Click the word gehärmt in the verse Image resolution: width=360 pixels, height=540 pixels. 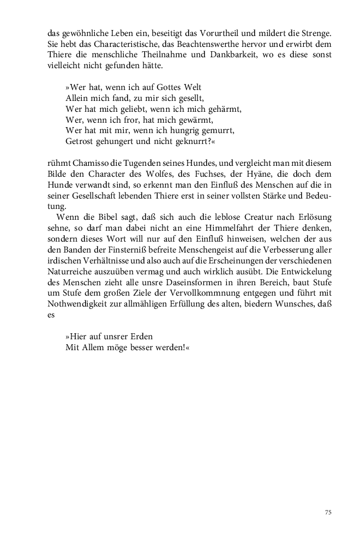click(x=225, y=108)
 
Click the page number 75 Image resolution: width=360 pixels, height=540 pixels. click(x=328, y=512)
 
